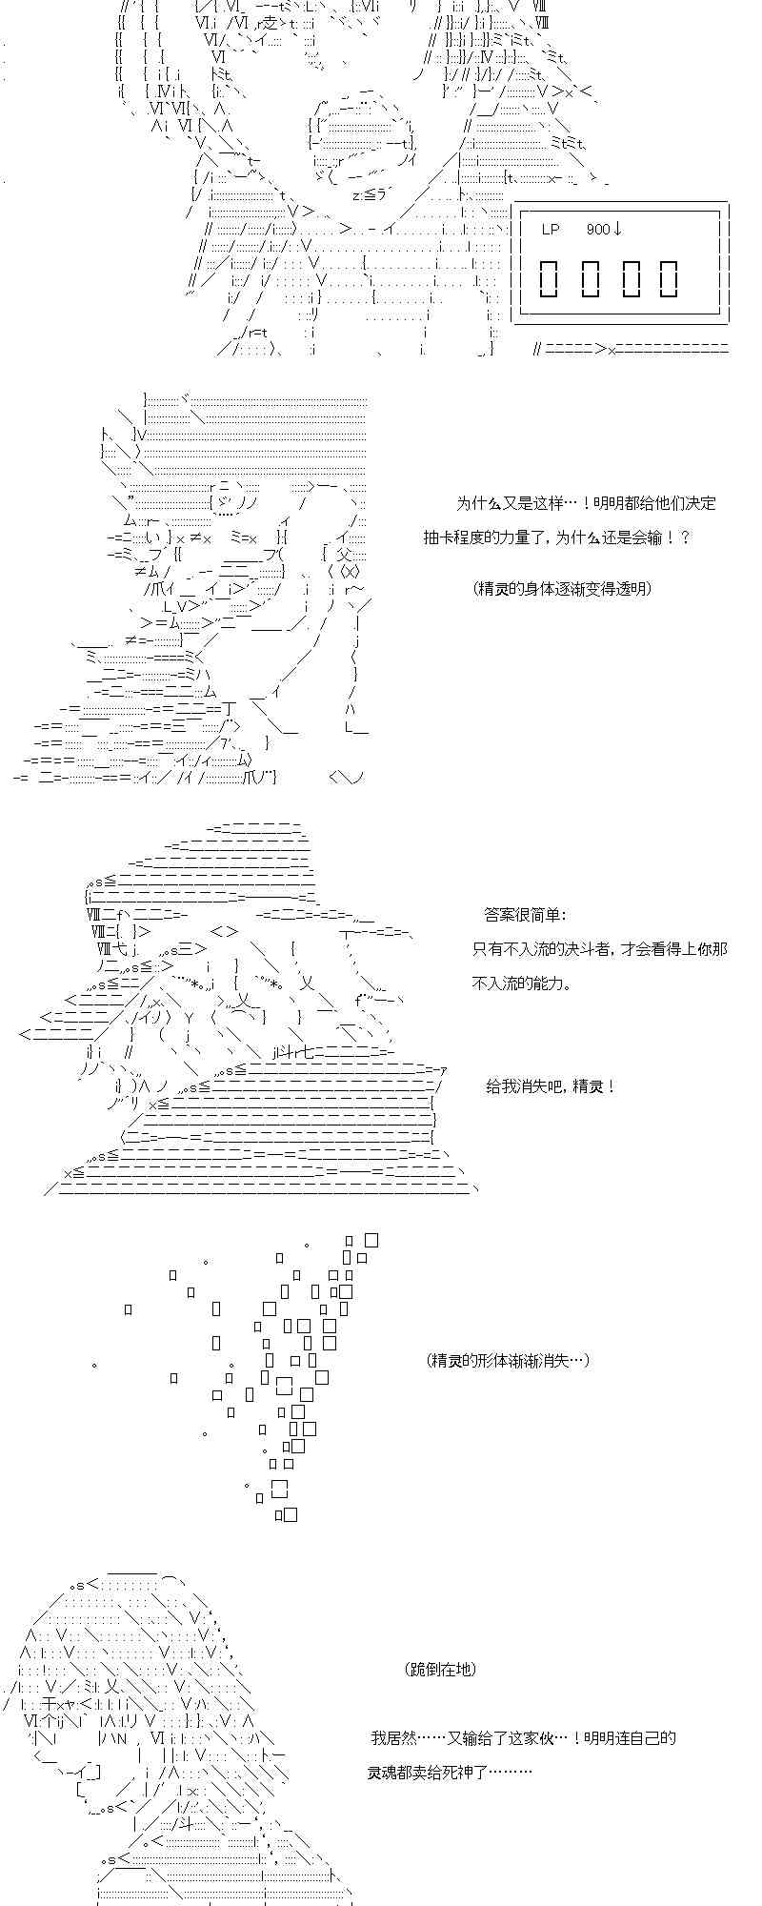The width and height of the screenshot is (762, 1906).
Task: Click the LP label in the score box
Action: [x=551, y=230]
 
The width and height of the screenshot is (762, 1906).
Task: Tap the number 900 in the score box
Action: [x=598, y=230]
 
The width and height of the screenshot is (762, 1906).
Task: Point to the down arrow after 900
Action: [x=618, y=230]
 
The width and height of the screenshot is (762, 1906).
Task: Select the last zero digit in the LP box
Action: [x=669, y=277]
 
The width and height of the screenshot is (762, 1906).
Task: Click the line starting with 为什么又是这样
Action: [x=586, y=503]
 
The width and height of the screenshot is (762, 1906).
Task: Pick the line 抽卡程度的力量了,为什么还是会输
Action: [x=557, y=537]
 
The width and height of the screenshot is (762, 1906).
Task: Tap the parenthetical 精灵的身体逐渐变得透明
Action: [x=562, y=588]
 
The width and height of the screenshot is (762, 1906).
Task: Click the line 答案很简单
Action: [x=524, y=915]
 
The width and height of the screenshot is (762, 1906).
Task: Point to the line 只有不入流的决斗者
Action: [x=600, y=949]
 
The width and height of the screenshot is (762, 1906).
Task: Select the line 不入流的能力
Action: [x=523, y=983]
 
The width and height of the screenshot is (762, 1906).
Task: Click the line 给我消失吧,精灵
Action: [x=551, y=1086]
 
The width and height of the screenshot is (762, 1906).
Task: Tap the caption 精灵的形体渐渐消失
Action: [x=508, y=1360]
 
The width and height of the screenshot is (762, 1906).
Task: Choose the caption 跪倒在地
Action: [x=440, y=1669]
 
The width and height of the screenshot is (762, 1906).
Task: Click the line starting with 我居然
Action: [x=523, y=1737]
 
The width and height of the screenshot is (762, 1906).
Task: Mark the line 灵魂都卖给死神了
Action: [x=450, y=1772]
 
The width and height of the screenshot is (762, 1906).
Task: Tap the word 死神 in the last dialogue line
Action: [x=474, y=1772]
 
